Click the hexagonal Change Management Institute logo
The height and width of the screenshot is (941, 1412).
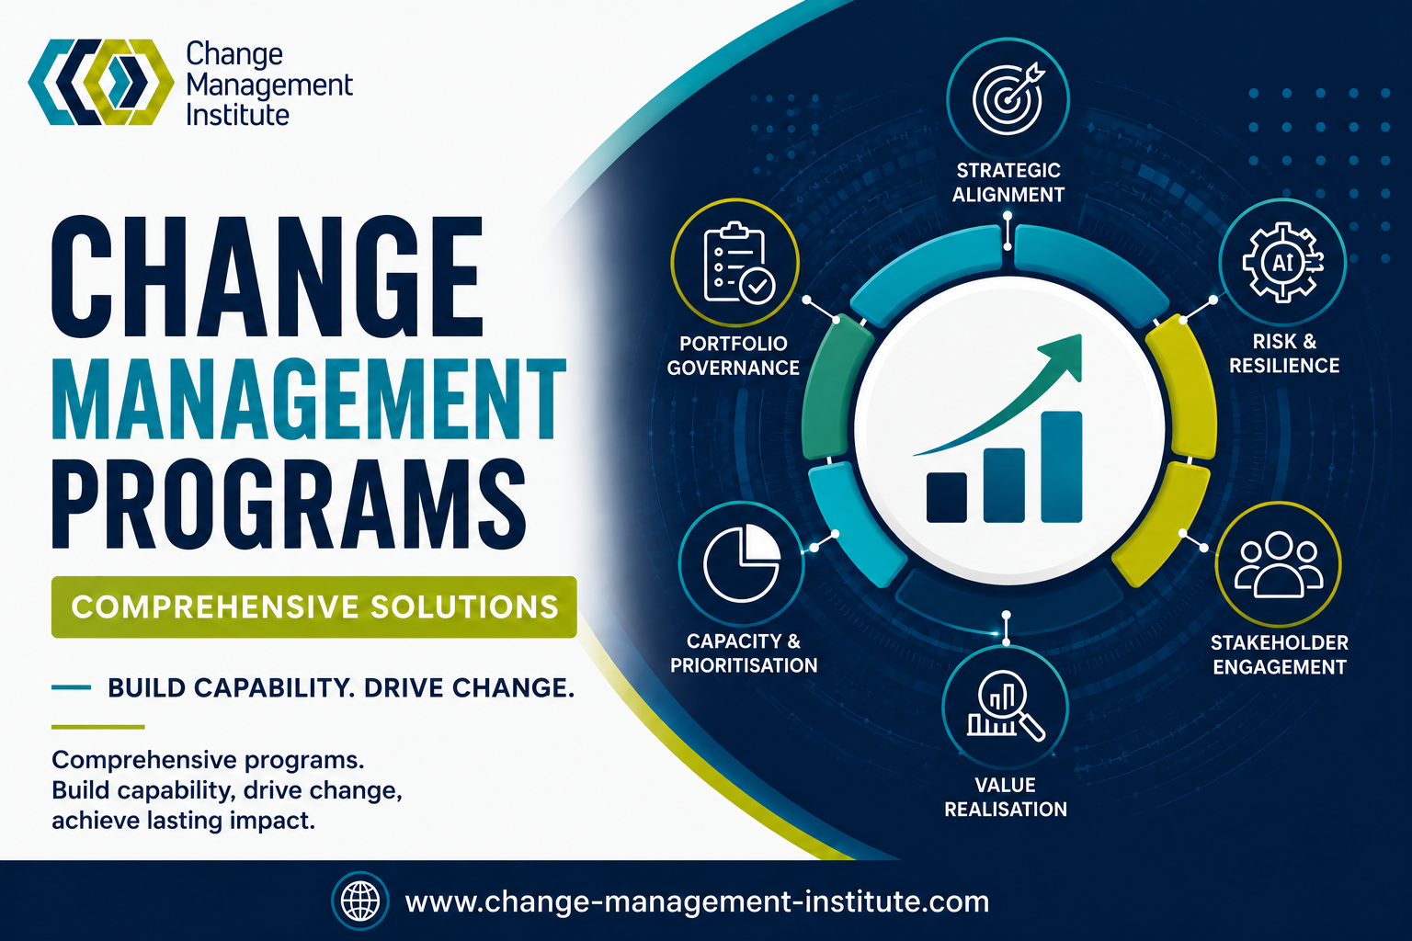click(101, 82)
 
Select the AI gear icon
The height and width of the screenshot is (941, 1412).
click(1282, 262)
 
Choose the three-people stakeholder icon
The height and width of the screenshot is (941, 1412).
click(1279, 565)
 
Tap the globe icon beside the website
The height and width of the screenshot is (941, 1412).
click(360, 901)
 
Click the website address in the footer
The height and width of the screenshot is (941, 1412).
click(697, 901)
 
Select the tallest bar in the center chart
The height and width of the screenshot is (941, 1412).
click(1062, 467)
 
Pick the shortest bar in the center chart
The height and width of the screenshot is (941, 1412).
click(946, 497)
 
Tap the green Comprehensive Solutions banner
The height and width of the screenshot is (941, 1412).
click(313, 607)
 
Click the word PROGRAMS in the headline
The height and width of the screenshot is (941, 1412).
click(289, 505)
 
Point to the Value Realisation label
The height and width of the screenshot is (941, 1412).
click(1006, 797)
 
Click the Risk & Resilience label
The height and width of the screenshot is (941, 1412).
click(1284, 353)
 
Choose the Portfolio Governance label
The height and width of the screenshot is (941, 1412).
click(733, 356)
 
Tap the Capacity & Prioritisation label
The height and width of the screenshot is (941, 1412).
click(743, 653)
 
